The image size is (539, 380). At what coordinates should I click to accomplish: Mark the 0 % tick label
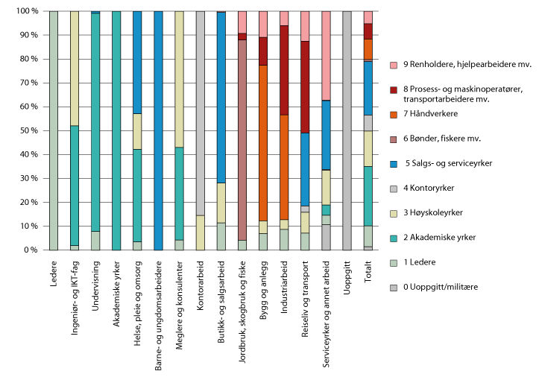pyautogui.click(x=30, y=250)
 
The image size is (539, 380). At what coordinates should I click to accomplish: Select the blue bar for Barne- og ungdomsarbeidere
pyautogui.click(x=158, y=130)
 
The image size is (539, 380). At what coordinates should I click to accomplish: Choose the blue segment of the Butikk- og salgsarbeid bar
pyautogui.click(x=221, y=98)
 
